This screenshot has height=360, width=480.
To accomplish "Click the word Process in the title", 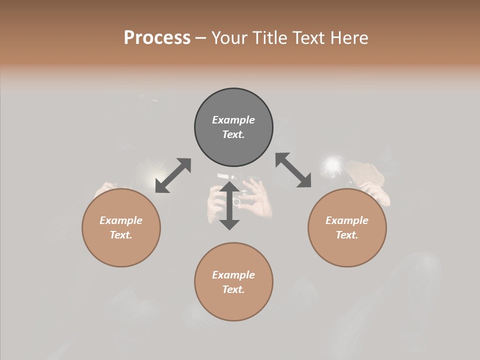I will [x=157, y=38].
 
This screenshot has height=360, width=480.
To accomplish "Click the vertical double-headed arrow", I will [x=229, y=205].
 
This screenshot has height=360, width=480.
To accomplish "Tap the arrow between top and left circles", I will [x=173, y=175].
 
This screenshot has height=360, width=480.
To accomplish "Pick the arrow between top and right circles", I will [x=293, y=170].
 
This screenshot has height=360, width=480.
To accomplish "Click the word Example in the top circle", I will [x=233, y=120].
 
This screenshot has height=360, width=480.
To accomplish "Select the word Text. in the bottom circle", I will [x=233, y=289].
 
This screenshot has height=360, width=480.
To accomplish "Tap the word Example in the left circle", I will [x=121, y=220].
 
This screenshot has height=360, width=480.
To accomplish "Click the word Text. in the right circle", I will [x=347, y=235].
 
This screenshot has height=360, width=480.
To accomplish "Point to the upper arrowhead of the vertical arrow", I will [x=229, y=186].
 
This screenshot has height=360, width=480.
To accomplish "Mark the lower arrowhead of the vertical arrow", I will [x=229, y=224].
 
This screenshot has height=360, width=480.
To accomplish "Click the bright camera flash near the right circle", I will [x=333, y=164].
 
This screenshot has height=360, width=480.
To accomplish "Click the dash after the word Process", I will [x=201, y=38].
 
